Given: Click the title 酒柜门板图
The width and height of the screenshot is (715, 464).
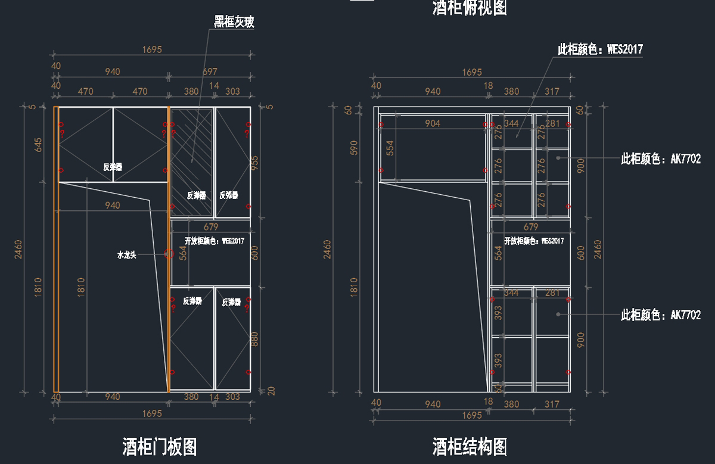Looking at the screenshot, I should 160,446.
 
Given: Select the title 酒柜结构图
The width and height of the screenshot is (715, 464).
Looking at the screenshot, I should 470,446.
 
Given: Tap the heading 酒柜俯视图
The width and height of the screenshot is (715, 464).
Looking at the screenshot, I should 470,8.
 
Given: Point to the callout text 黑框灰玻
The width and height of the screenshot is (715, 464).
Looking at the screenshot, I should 234,23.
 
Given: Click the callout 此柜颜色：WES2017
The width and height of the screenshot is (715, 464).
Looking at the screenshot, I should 600,49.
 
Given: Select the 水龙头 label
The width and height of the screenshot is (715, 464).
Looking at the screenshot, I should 127,255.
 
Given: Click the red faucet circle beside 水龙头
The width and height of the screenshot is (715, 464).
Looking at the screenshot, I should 169,254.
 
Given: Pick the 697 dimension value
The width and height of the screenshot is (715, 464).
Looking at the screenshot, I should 210,71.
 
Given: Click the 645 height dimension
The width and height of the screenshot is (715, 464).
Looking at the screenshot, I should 39,144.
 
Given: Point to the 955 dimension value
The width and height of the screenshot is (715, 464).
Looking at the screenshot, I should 254,163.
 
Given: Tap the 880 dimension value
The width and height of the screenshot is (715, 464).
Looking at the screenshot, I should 254,340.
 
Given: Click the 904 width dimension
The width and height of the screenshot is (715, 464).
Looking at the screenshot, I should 433,123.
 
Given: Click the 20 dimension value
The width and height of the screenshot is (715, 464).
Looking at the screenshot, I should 271,391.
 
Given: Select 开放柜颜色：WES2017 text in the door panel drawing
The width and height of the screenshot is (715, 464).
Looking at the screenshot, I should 214,241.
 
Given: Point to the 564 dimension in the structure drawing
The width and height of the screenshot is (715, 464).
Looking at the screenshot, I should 499,253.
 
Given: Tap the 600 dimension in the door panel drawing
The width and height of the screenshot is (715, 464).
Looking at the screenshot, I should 254,253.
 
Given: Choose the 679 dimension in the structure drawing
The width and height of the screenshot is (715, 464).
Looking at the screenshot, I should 530,227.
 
